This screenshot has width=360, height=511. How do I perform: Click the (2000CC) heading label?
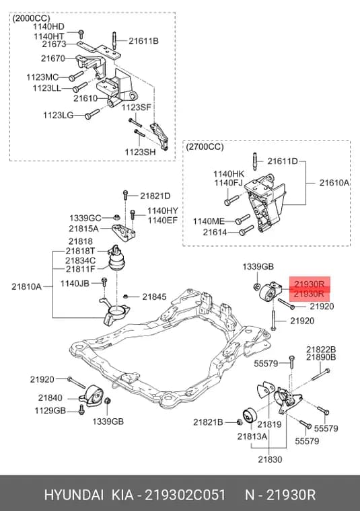(32, 18)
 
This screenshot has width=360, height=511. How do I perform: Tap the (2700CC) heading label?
(205, 147)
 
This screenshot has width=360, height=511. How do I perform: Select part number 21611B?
(143, 41)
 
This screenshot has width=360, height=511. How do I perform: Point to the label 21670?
(53, 58)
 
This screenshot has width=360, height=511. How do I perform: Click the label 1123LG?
(58, 115)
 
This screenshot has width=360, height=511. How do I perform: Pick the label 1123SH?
(140, 152)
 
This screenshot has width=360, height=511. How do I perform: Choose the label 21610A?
(334, 183)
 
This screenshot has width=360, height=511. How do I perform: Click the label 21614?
(215, 233)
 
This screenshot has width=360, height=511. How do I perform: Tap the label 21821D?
(155, 196)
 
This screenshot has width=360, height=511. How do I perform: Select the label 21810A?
(26, 286)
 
